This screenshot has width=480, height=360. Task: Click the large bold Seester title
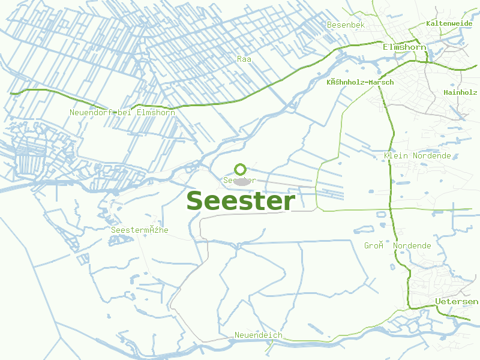[240, 201]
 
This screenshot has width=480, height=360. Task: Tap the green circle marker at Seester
[240, 169]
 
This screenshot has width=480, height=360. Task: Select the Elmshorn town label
[404, 47]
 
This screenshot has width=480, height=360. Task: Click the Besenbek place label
[346, 25]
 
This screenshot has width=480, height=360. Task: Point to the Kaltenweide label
[449, 23]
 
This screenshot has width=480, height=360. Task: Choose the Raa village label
[244, 59]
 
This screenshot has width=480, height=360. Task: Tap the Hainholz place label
[460, 92]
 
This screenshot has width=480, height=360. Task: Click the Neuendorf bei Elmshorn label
[122, 112]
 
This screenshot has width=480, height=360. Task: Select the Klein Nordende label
[417, 156]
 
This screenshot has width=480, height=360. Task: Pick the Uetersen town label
[457, 301]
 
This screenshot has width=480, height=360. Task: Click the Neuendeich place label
[258, 335]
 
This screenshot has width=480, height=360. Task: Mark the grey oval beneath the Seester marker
[241, 181]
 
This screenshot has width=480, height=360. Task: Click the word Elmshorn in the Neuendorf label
[156, 112]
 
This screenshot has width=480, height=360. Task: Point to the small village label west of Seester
[140, 230]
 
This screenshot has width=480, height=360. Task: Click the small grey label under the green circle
[239, 180]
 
